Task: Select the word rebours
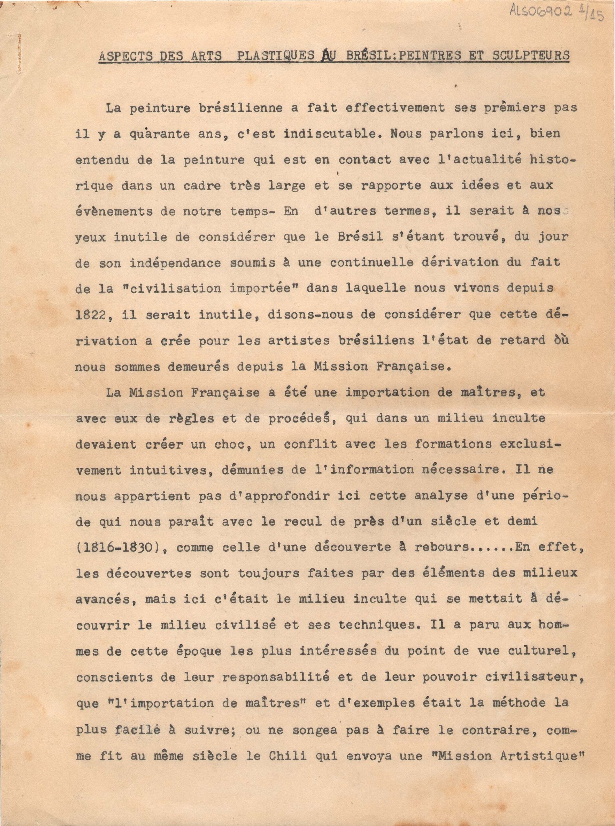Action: point(443,548)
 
